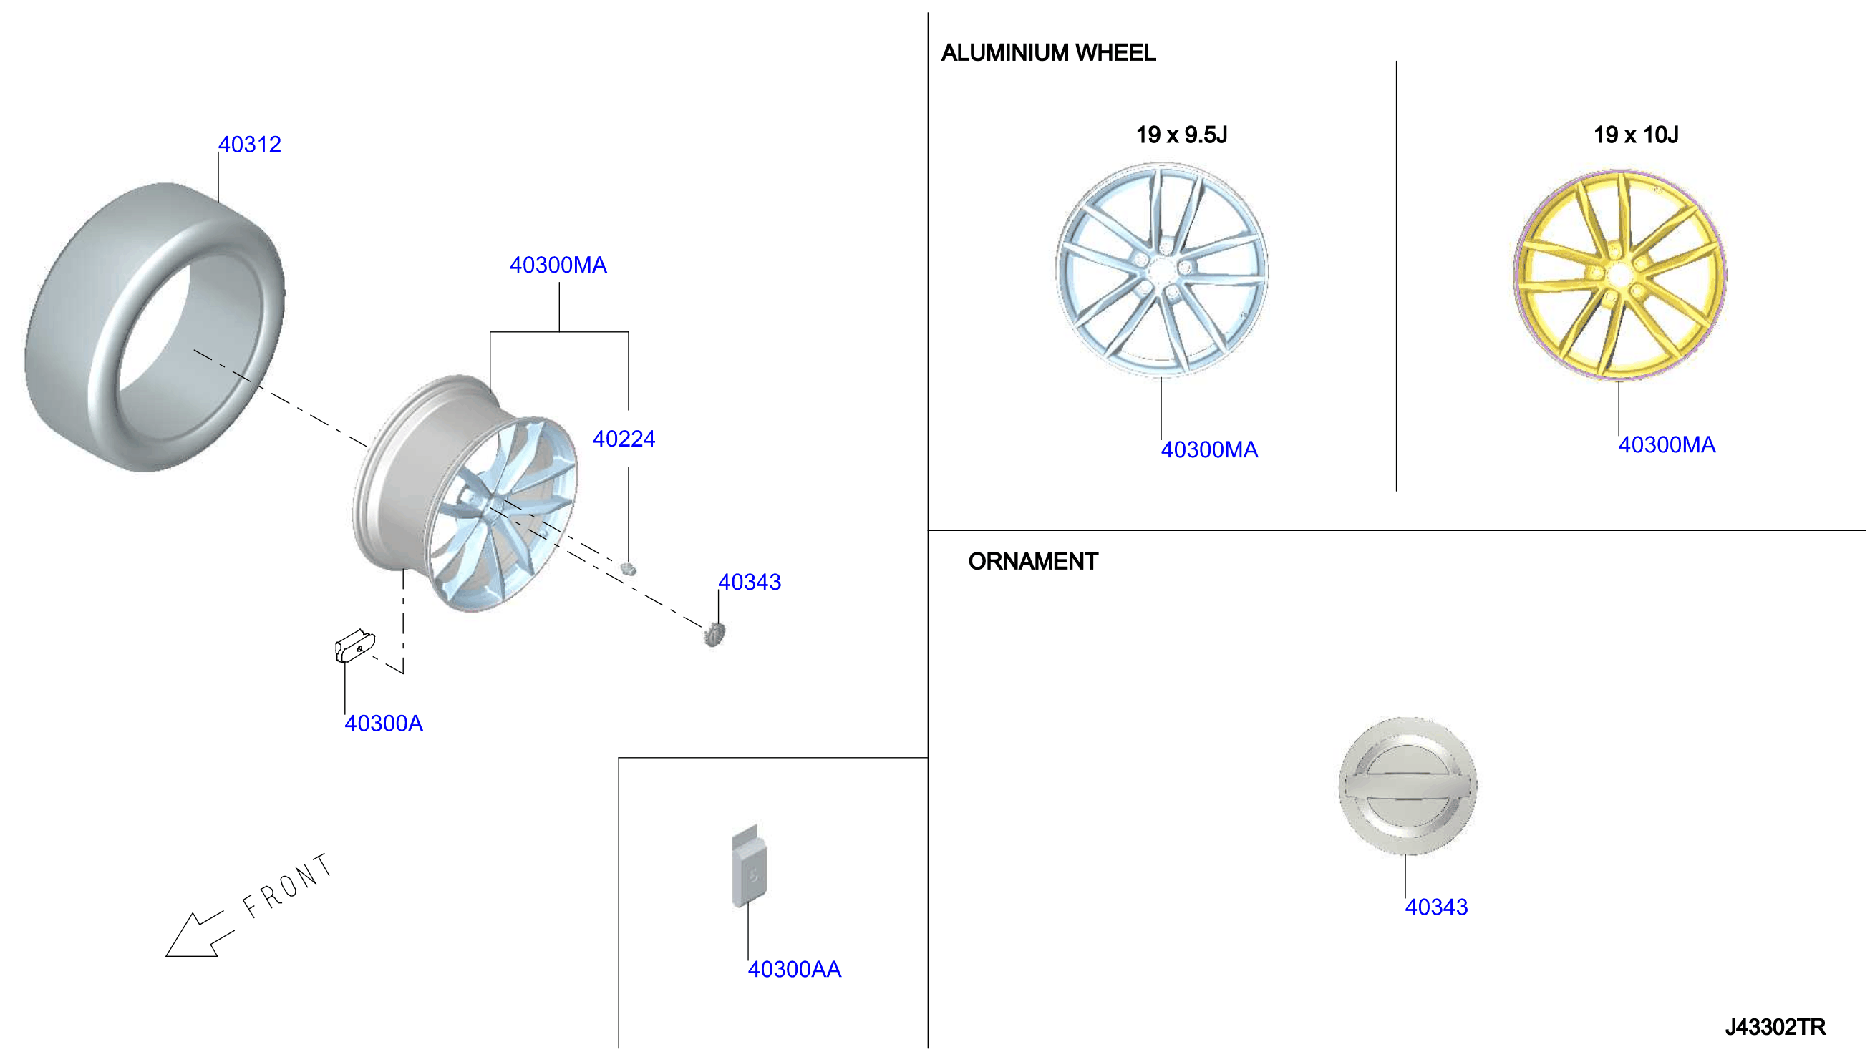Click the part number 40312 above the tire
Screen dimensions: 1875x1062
click(x=250, y=145)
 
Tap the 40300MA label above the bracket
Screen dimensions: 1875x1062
click(x=558, y=265)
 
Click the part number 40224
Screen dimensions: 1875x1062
click(x=624, y=439)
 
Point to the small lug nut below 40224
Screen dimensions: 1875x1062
click(x=627, y=568)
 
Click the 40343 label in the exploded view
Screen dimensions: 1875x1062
click(x=750, y=582)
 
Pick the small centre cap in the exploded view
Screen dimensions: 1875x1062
click(x=714, y=634)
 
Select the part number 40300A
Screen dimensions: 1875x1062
click(x=384, y=724)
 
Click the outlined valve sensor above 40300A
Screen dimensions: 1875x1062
click(x=354, y=646)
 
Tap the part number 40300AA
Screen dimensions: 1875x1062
click(x=795, y=970)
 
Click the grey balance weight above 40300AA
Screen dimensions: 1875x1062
click(x=750, y=867)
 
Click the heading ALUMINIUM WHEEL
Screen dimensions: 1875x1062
click(x=1048, y=52)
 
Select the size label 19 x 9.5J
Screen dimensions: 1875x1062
click(x=1181, y=135)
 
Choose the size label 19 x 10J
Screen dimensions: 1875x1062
click(x=1636, y=135)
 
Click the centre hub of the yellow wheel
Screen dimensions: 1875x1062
click(x=1619, y=277)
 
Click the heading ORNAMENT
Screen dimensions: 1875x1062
click(x=1033, y=562)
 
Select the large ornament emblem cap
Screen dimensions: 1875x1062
click(x=1408, y=786)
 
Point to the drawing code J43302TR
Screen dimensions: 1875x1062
click(x=1775, y=1027)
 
